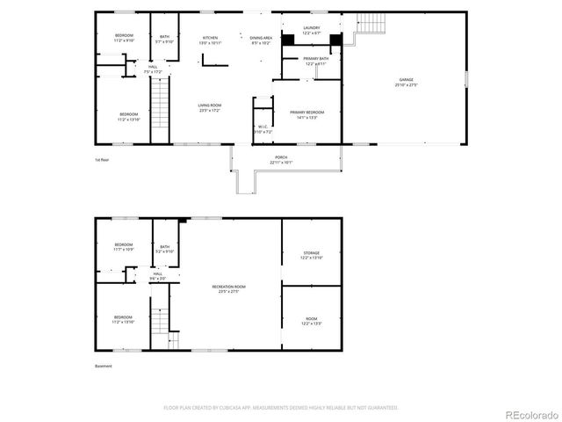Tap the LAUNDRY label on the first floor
pyautogui.click(x=312, y=31)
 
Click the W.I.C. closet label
pyautogui.click(x=263, y=129)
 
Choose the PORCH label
pyautogui.click(x=281, y=159)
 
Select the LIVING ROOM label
pyautogui.click(x=210, y=107)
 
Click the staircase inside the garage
pyautogui.click(x=372, y=25)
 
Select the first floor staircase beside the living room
pyautogui.click(x=160, y=108)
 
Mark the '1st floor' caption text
pyautogui.click(x=102, y=160)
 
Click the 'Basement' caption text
pyautogui.click(x=104, y=366)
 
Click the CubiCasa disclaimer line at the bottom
pyautogui.click(x=281, y=408)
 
